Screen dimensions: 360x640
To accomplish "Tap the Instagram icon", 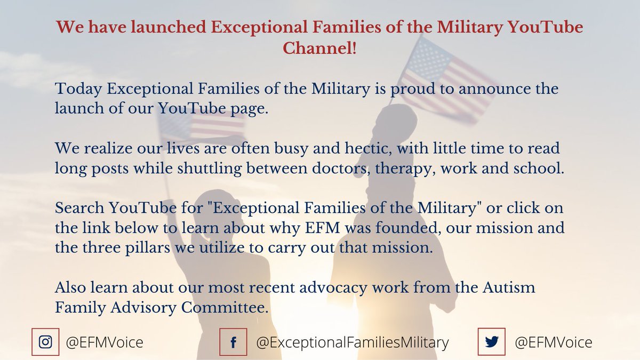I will click(x=46, y=341).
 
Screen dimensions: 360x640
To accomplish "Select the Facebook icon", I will click(x=233, y=341).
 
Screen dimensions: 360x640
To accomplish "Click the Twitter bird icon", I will click(x=491, y=341).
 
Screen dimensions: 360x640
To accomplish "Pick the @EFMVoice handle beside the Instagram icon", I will click(x=105, y=341).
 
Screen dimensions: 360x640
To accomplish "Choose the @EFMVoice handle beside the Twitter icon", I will click(x=553, y=341).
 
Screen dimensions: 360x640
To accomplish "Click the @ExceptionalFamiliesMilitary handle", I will click(x=353, y=341).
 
